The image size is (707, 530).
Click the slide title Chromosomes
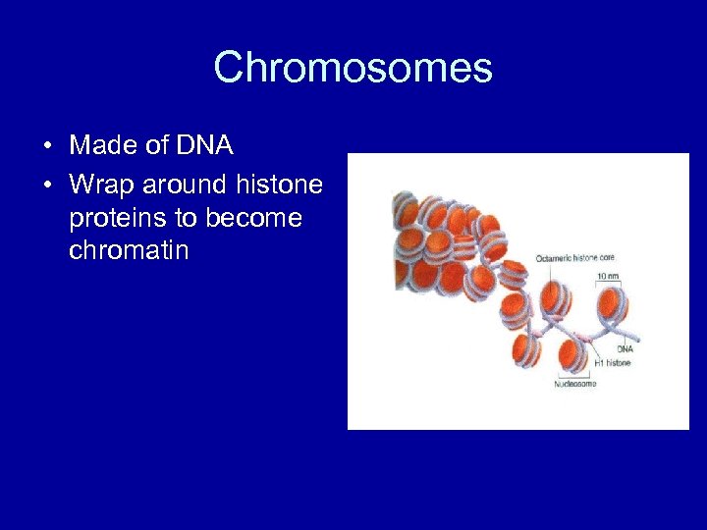[x=353, y=69]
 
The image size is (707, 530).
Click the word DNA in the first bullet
[x=204, y=146]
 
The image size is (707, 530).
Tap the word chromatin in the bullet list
[x=129, y=251]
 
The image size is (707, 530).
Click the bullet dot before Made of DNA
[x=47, y=147]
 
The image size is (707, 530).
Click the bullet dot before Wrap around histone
[x=47, y=185]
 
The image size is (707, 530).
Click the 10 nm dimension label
[x=609, y=276]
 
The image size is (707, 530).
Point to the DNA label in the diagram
[x=625, y=348]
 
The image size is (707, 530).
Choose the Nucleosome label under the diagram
[x=574, y=384]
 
